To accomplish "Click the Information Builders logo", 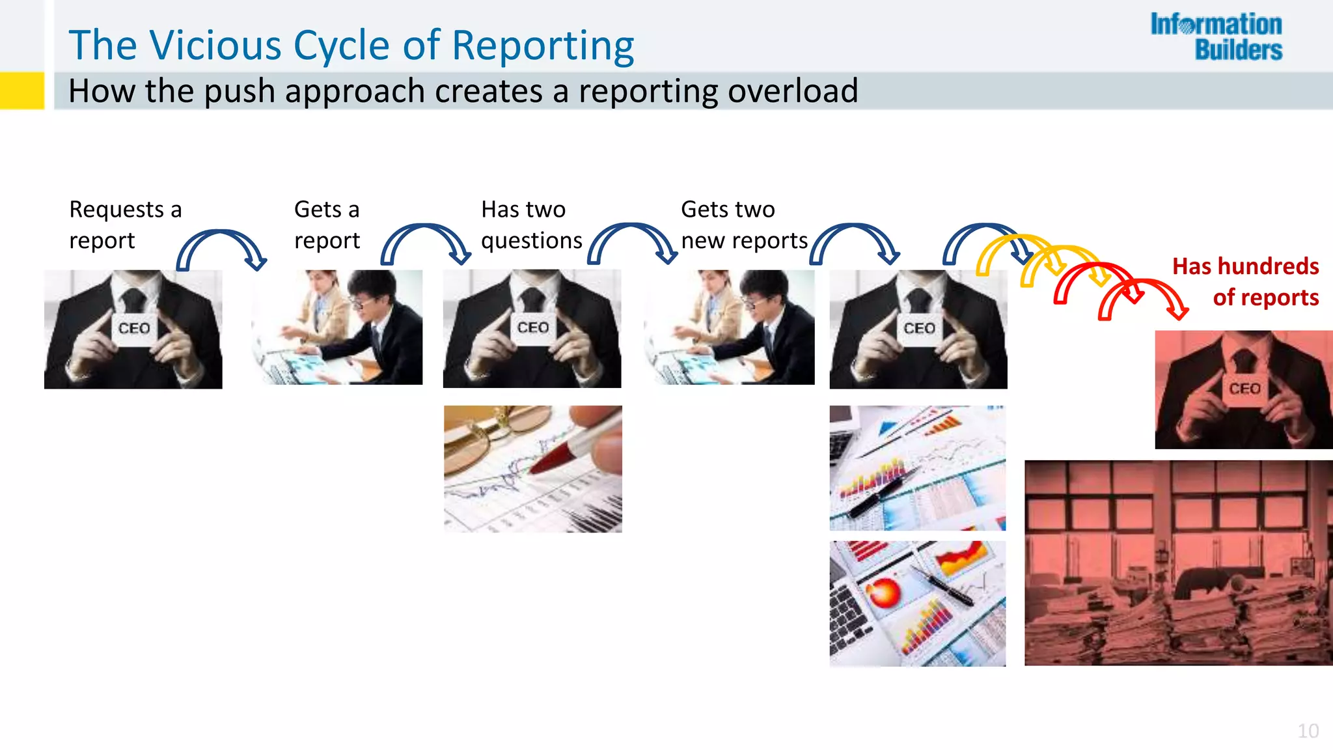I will point(1216,37).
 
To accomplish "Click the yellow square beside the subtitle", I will point(21,90).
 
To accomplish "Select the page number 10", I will point(1308,730).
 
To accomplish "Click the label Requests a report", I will point(125,225).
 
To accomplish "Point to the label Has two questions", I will point(530,225).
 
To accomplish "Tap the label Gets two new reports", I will point(743,225).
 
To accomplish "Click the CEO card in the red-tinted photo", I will point(1244,389).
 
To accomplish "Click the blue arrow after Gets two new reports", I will point(855,243).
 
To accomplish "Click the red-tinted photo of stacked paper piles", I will point(1178,563).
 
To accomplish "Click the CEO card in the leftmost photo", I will point(134,327).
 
